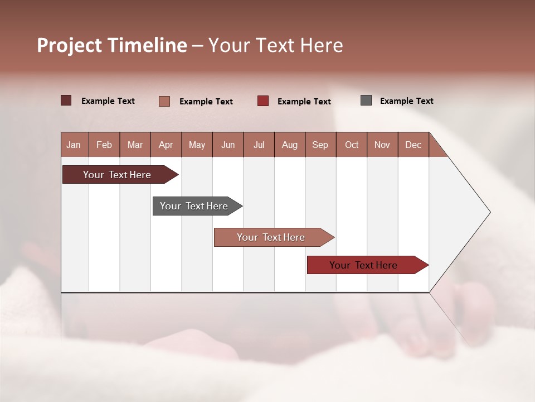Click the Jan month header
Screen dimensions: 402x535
pyautogui.click(x=74, y=145)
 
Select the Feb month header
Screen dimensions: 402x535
pyautogui.click(x=104, y=145)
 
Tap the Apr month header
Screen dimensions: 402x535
pyautogui.click(x=166, y=145)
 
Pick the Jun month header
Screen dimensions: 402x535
pyautogui.click(x=228, y=145)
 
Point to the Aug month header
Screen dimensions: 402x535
pyautogui.click(x=289, y=145)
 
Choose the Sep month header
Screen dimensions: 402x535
pyautogui.click(x=320, y=145)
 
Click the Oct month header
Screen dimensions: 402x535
pyautogui.click(x=352, y=145)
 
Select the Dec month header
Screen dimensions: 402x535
pyautogui.click(x=413, y=145)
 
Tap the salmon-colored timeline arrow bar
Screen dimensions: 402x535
pyautogui.click(x=271, y=237)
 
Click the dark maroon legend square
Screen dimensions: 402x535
pyautogui.click(x=66, y=100)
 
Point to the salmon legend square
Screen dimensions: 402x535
pyautogui.click(x=164, y=101)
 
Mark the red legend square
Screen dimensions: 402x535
pyautogui.click(x=263, y=101)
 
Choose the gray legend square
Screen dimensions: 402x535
pyautogui.click(x=366, y=100)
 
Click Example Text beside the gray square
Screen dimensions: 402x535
pyautogui.click(x=406, y=101)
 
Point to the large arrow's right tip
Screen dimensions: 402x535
pyautogui.click(x=489, y=212)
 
